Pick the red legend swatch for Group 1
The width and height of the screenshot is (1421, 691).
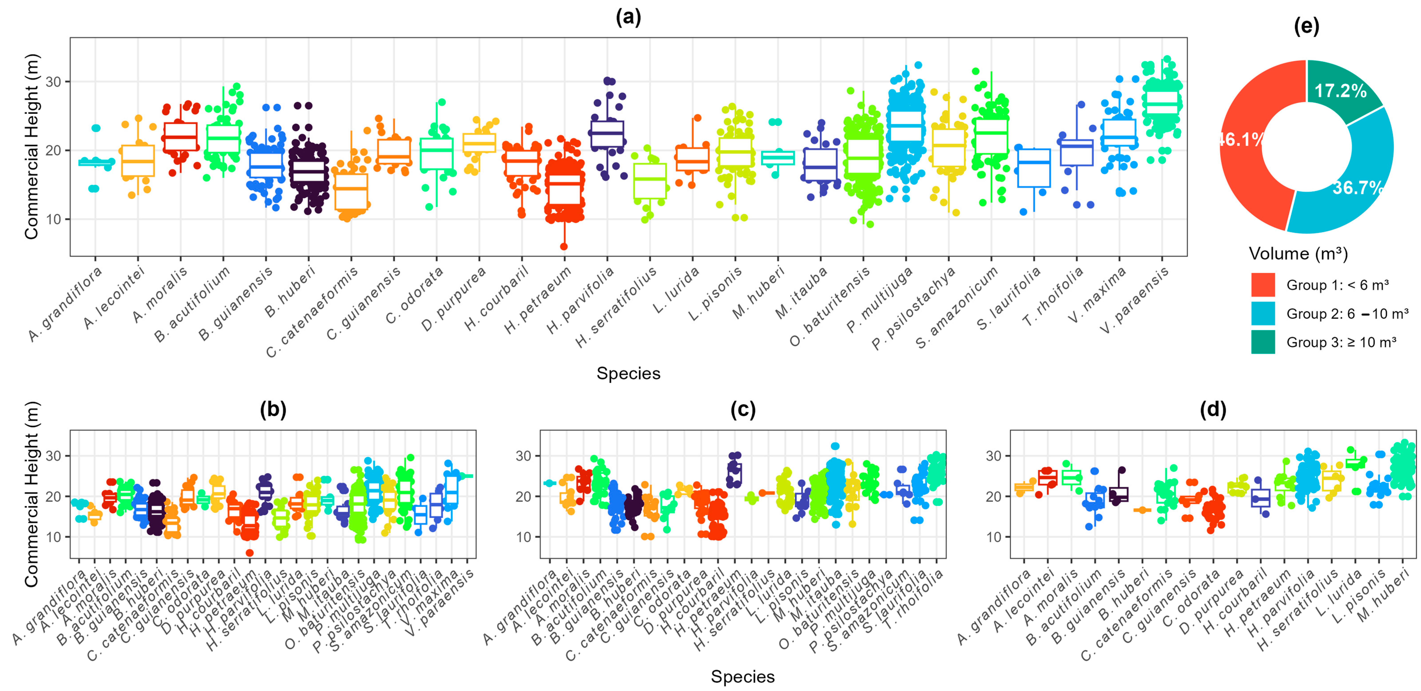[1263, 285]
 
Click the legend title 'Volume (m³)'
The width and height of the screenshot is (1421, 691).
[1298, 254]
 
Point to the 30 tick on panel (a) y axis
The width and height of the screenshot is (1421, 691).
[53, 82]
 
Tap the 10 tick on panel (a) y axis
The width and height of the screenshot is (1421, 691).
[53, 219]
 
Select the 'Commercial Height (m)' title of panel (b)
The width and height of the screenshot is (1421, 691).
[31, 494]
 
